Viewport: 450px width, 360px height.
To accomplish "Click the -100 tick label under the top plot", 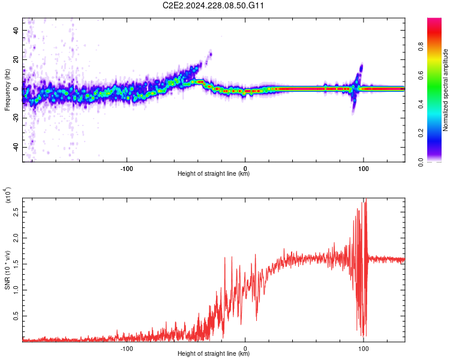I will tap(127, 167).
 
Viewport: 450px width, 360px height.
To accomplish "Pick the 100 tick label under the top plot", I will tap(363, 167).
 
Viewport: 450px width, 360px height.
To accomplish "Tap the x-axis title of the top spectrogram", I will tap(214, 174).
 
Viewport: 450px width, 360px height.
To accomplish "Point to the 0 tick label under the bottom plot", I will tap(245, 347).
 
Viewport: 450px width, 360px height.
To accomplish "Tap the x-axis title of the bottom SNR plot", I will tap(214, 354).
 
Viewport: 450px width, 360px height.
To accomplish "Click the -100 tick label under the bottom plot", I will tap(127, 347).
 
